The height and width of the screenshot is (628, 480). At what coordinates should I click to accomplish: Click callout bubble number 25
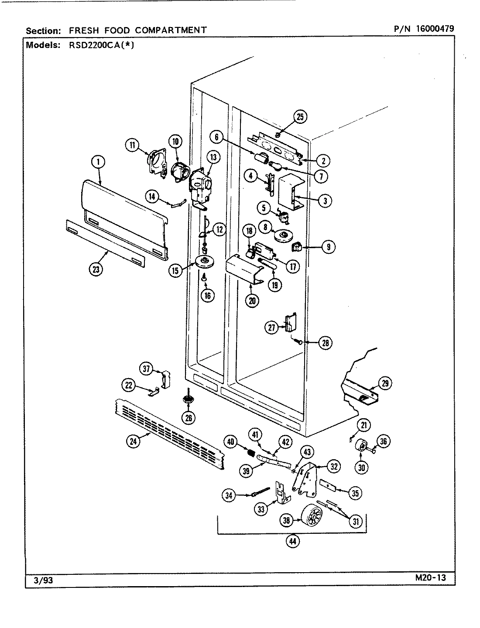click(x=300, y=116)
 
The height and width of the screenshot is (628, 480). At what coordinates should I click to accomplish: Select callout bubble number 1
click(x=99, y=162)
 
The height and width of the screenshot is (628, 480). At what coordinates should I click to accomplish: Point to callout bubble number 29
click(x=385, y=384)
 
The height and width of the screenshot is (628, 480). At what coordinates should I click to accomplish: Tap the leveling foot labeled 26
click(x=188, y=400)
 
